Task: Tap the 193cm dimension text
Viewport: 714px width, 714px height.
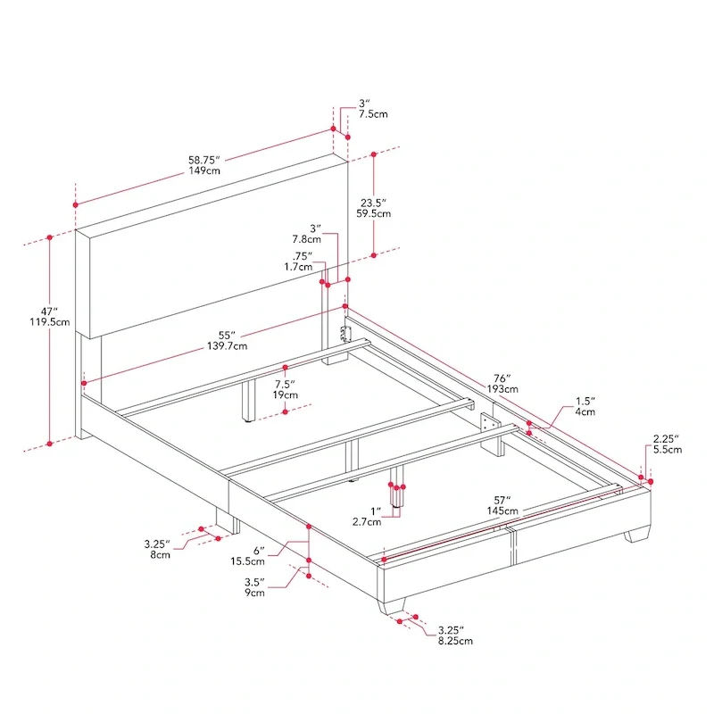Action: pyautogui.click(x=502, y=389)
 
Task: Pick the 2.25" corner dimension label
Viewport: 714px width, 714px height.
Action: pyautogui.click(x=666, y=438)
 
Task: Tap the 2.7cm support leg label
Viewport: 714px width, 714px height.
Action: pyautogui.click(x=369, y=521)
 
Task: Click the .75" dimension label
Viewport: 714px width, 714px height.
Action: pyautogui.click(x=303, y=254)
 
